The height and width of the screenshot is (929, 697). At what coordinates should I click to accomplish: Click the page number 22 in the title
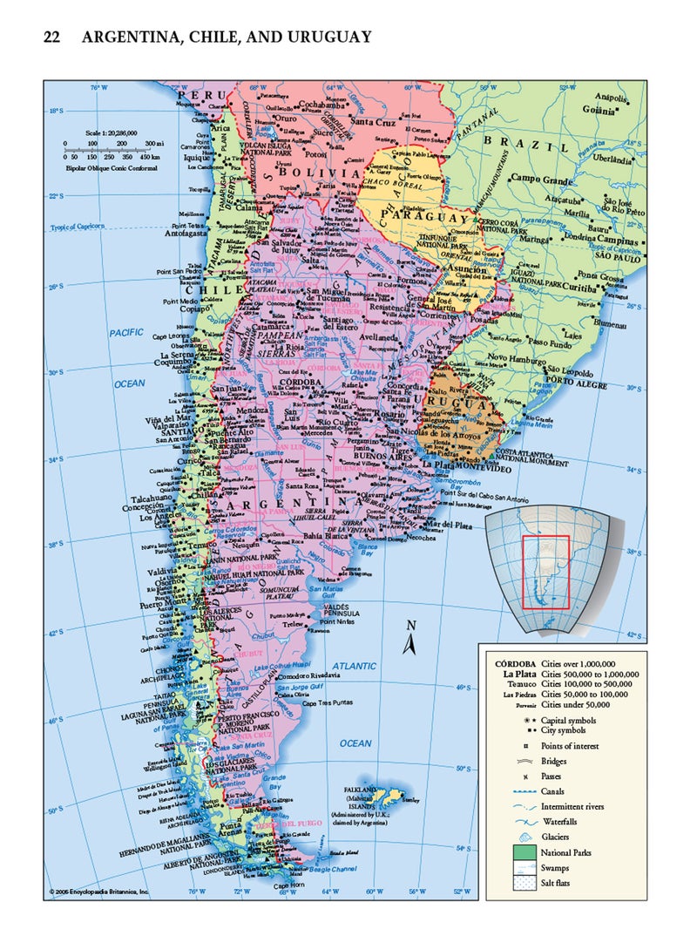(51, 37)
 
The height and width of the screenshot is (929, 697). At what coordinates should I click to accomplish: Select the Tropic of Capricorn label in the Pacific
(77, 227)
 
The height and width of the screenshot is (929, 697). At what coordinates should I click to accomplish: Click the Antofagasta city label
(185, 234)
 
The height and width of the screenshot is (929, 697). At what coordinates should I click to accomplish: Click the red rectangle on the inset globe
(545, 571)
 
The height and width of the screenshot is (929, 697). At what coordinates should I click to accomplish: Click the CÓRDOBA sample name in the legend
(510, 663)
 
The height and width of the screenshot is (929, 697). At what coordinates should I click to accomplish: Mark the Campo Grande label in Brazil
(540, 179)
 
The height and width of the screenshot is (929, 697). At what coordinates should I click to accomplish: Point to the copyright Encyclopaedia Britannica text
(100, 892)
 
